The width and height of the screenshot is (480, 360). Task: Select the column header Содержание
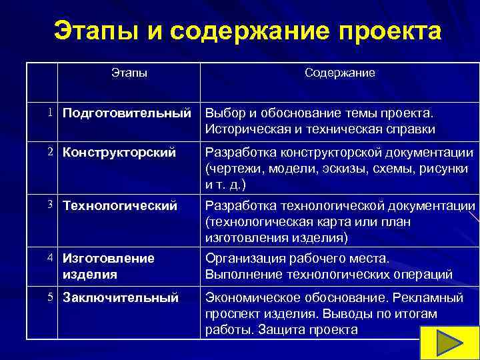point(340,73)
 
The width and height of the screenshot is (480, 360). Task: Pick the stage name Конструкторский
point(119,153)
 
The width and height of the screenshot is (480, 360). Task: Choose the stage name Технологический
point(120,206)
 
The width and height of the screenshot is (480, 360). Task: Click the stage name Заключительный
point(120,298)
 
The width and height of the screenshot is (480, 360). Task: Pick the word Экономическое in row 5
point(249,298)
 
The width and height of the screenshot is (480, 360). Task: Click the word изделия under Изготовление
point(89,274)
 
